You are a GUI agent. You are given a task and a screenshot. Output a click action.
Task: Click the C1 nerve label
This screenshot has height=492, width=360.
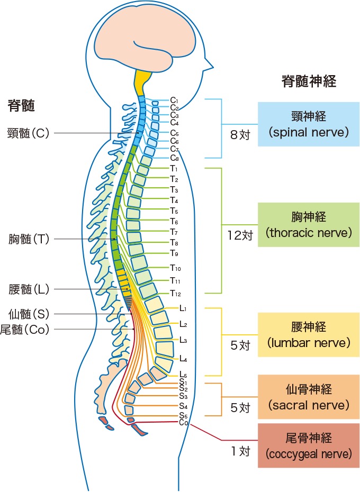point(174,100)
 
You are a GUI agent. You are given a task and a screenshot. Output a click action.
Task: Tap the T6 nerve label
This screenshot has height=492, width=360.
point(174,221)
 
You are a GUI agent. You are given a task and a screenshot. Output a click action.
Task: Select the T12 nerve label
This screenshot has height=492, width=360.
point(175,294)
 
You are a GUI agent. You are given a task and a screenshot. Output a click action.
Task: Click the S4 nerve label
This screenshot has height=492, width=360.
point(184,406)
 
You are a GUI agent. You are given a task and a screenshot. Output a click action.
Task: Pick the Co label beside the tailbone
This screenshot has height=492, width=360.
point(184,423)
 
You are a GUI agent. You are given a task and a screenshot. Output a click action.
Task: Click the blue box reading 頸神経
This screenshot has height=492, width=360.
point(309,124)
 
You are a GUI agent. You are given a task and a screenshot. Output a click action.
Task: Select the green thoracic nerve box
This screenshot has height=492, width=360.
point(309,225)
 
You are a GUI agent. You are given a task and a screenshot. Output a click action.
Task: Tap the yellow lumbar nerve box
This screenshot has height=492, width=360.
point(309,335)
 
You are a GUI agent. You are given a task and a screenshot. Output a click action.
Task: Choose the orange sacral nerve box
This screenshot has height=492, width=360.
point(309,397)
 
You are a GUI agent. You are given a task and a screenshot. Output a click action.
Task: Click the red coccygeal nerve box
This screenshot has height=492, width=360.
point(309,445)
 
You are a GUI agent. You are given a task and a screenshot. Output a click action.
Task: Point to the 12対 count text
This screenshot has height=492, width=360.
point(240,235)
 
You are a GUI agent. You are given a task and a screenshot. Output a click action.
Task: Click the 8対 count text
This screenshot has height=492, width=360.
point(240,135)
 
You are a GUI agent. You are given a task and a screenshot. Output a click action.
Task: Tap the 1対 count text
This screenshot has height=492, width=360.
point(241,451)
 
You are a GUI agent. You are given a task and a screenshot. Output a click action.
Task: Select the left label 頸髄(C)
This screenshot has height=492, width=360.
point(28,133)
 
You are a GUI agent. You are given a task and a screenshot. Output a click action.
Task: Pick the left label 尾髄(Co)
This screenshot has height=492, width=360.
point(25,330)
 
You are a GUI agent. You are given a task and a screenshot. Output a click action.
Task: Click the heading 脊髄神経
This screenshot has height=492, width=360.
point(309,81)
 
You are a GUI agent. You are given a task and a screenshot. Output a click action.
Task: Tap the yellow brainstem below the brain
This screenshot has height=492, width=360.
point(143,82)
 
